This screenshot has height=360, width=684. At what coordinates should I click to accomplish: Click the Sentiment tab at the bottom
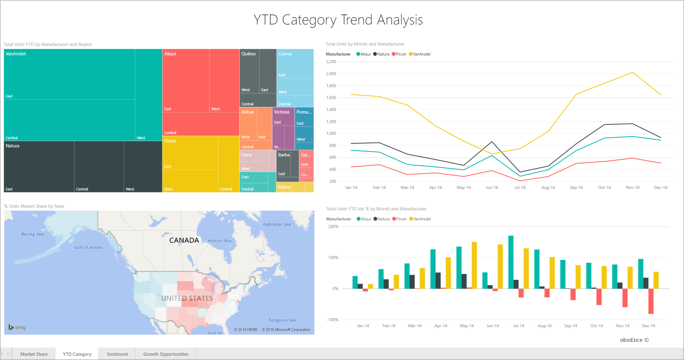[x=117, y=354]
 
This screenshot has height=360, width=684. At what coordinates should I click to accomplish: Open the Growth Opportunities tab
[x=166, y=354]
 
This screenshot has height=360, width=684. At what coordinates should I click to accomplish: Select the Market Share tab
[x=34, y=354]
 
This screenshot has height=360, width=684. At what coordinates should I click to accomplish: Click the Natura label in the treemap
[x=12, y=146]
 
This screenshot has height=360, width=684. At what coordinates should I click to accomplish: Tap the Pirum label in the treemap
[x=170, y=141]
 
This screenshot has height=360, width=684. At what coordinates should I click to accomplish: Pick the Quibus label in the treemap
[x=248, y=54]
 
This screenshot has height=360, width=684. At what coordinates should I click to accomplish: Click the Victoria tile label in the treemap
[x=282, y=112]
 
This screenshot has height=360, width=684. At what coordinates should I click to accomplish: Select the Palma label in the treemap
[x=284, y=187]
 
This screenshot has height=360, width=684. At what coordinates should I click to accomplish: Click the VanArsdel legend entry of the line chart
[x=421, y=54]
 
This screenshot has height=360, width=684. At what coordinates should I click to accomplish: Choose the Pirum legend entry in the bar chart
[x=401, y=219]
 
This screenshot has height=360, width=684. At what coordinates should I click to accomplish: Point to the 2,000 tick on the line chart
[x=331, y=74]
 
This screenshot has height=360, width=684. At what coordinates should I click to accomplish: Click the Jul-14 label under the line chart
[x=520, y=187]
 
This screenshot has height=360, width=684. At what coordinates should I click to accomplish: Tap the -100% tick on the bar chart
[x=332, y=320]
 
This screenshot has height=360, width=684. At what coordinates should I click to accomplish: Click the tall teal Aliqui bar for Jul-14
[x=511, y=262]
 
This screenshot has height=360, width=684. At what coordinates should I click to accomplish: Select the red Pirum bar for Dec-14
[x=651, y=301]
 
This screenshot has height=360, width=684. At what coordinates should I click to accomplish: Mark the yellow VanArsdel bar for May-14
[x=474, y=265]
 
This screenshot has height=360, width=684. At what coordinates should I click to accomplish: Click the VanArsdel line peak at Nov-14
[x=632, y=72]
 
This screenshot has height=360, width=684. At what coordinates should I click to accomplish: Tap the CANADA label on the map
[x=184, y=240]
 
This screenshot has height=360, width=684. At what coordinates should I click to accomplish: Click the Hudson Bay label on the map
[x=220, y=241]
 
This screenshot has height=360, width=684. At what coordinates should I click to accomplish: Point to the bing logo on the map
[x=17, y=327]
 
